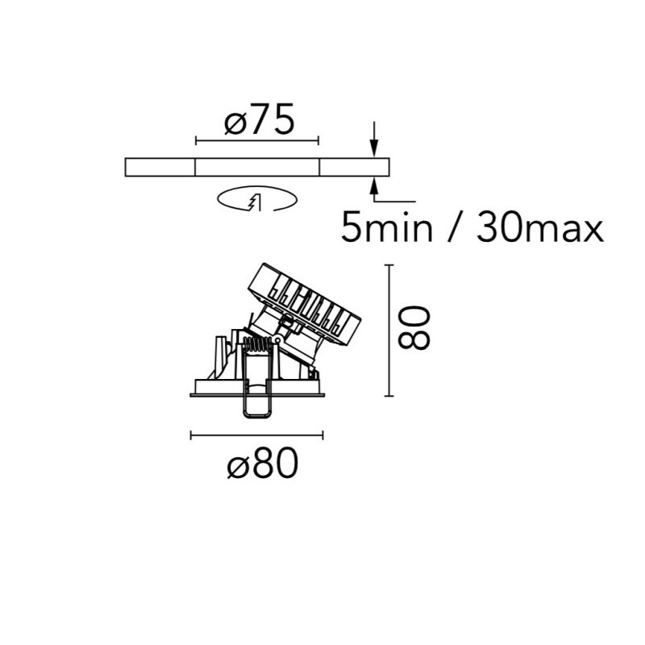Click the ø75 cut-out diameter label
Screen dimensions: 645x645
[260, 119]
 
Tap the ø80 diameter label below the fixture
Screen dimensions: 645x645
[263, 463]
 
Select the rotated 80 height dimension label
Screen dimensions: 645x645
[414, 327]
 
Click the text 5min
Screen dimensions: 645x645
[387, 227]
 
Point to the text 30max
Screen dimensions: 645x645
[540, 227]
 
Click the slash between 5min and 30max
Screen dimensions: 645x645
[455, 227]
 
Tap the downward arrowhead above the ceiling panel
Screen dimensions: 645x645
[373, 148]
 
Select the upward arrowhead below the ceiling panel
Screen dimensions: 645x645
[373, 186]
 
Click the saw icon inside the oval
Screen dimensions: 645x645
[255, 202]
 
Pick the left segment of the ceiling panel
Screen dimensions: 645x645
[160, 167]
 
